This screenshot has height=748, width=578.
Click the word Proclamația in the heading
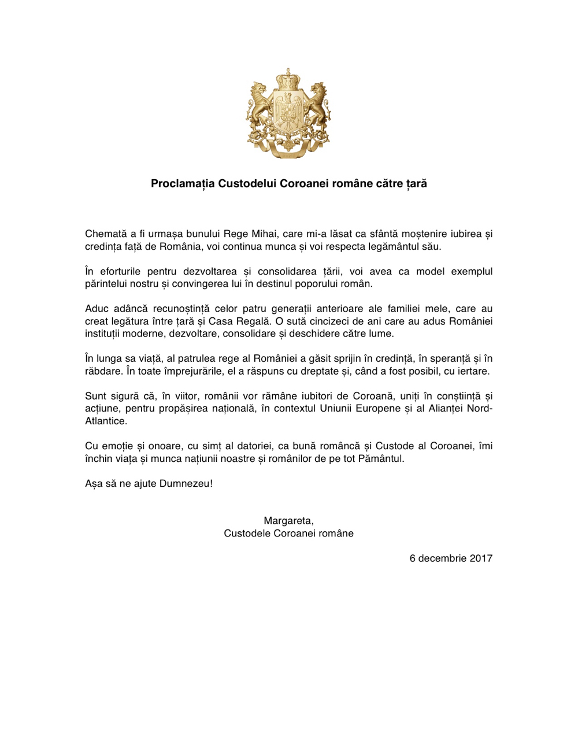183,184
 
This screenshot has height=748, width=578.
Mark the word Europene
378,409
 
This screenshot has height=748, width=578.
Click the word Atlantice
106,421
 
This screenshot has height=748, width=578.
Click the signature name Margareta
288,521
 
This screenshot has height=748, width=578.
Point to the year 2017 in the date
481,558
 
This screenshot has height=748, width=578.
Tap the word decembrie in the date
442,558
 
